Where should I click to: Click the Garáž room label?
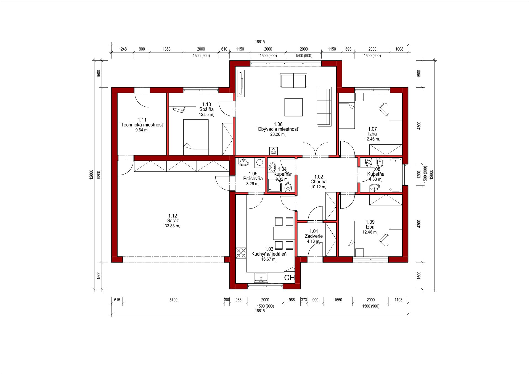tap(173, 221)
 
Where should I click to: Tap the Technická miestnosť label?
tap(142, 125)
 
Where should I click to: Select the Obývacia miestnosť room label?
tap(278, 129)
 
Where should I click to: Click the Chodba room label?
tap(319, 182)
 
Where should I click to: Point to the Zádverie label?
tap(314, 236)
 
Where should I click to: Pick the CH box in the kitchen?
tap(289, 278)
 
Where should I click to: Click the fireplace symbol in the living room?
tap(274, 151)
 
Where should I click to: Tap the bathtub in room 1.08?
tap(396, 175)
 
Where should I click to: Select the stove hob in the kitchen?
tap(241, 253)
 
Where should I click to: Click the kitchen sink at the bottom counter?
tap(261, 278)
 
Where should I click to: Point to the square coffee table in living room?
tap(293, 107)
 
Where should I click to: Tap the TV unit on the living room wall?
tap(241, 83)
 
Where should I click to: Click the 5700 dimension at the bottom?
tap(173, 300)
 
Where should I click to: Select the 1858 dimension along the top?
tap(166, 49)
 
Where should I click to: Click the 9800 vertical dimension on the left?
tap(99, 175)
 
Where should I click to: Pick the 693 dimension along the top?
tap(348, 49)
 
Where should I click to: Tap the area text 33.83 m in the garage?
tap(172, 226)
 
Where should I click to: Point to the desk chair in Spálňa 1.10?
tap(179, 109)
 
